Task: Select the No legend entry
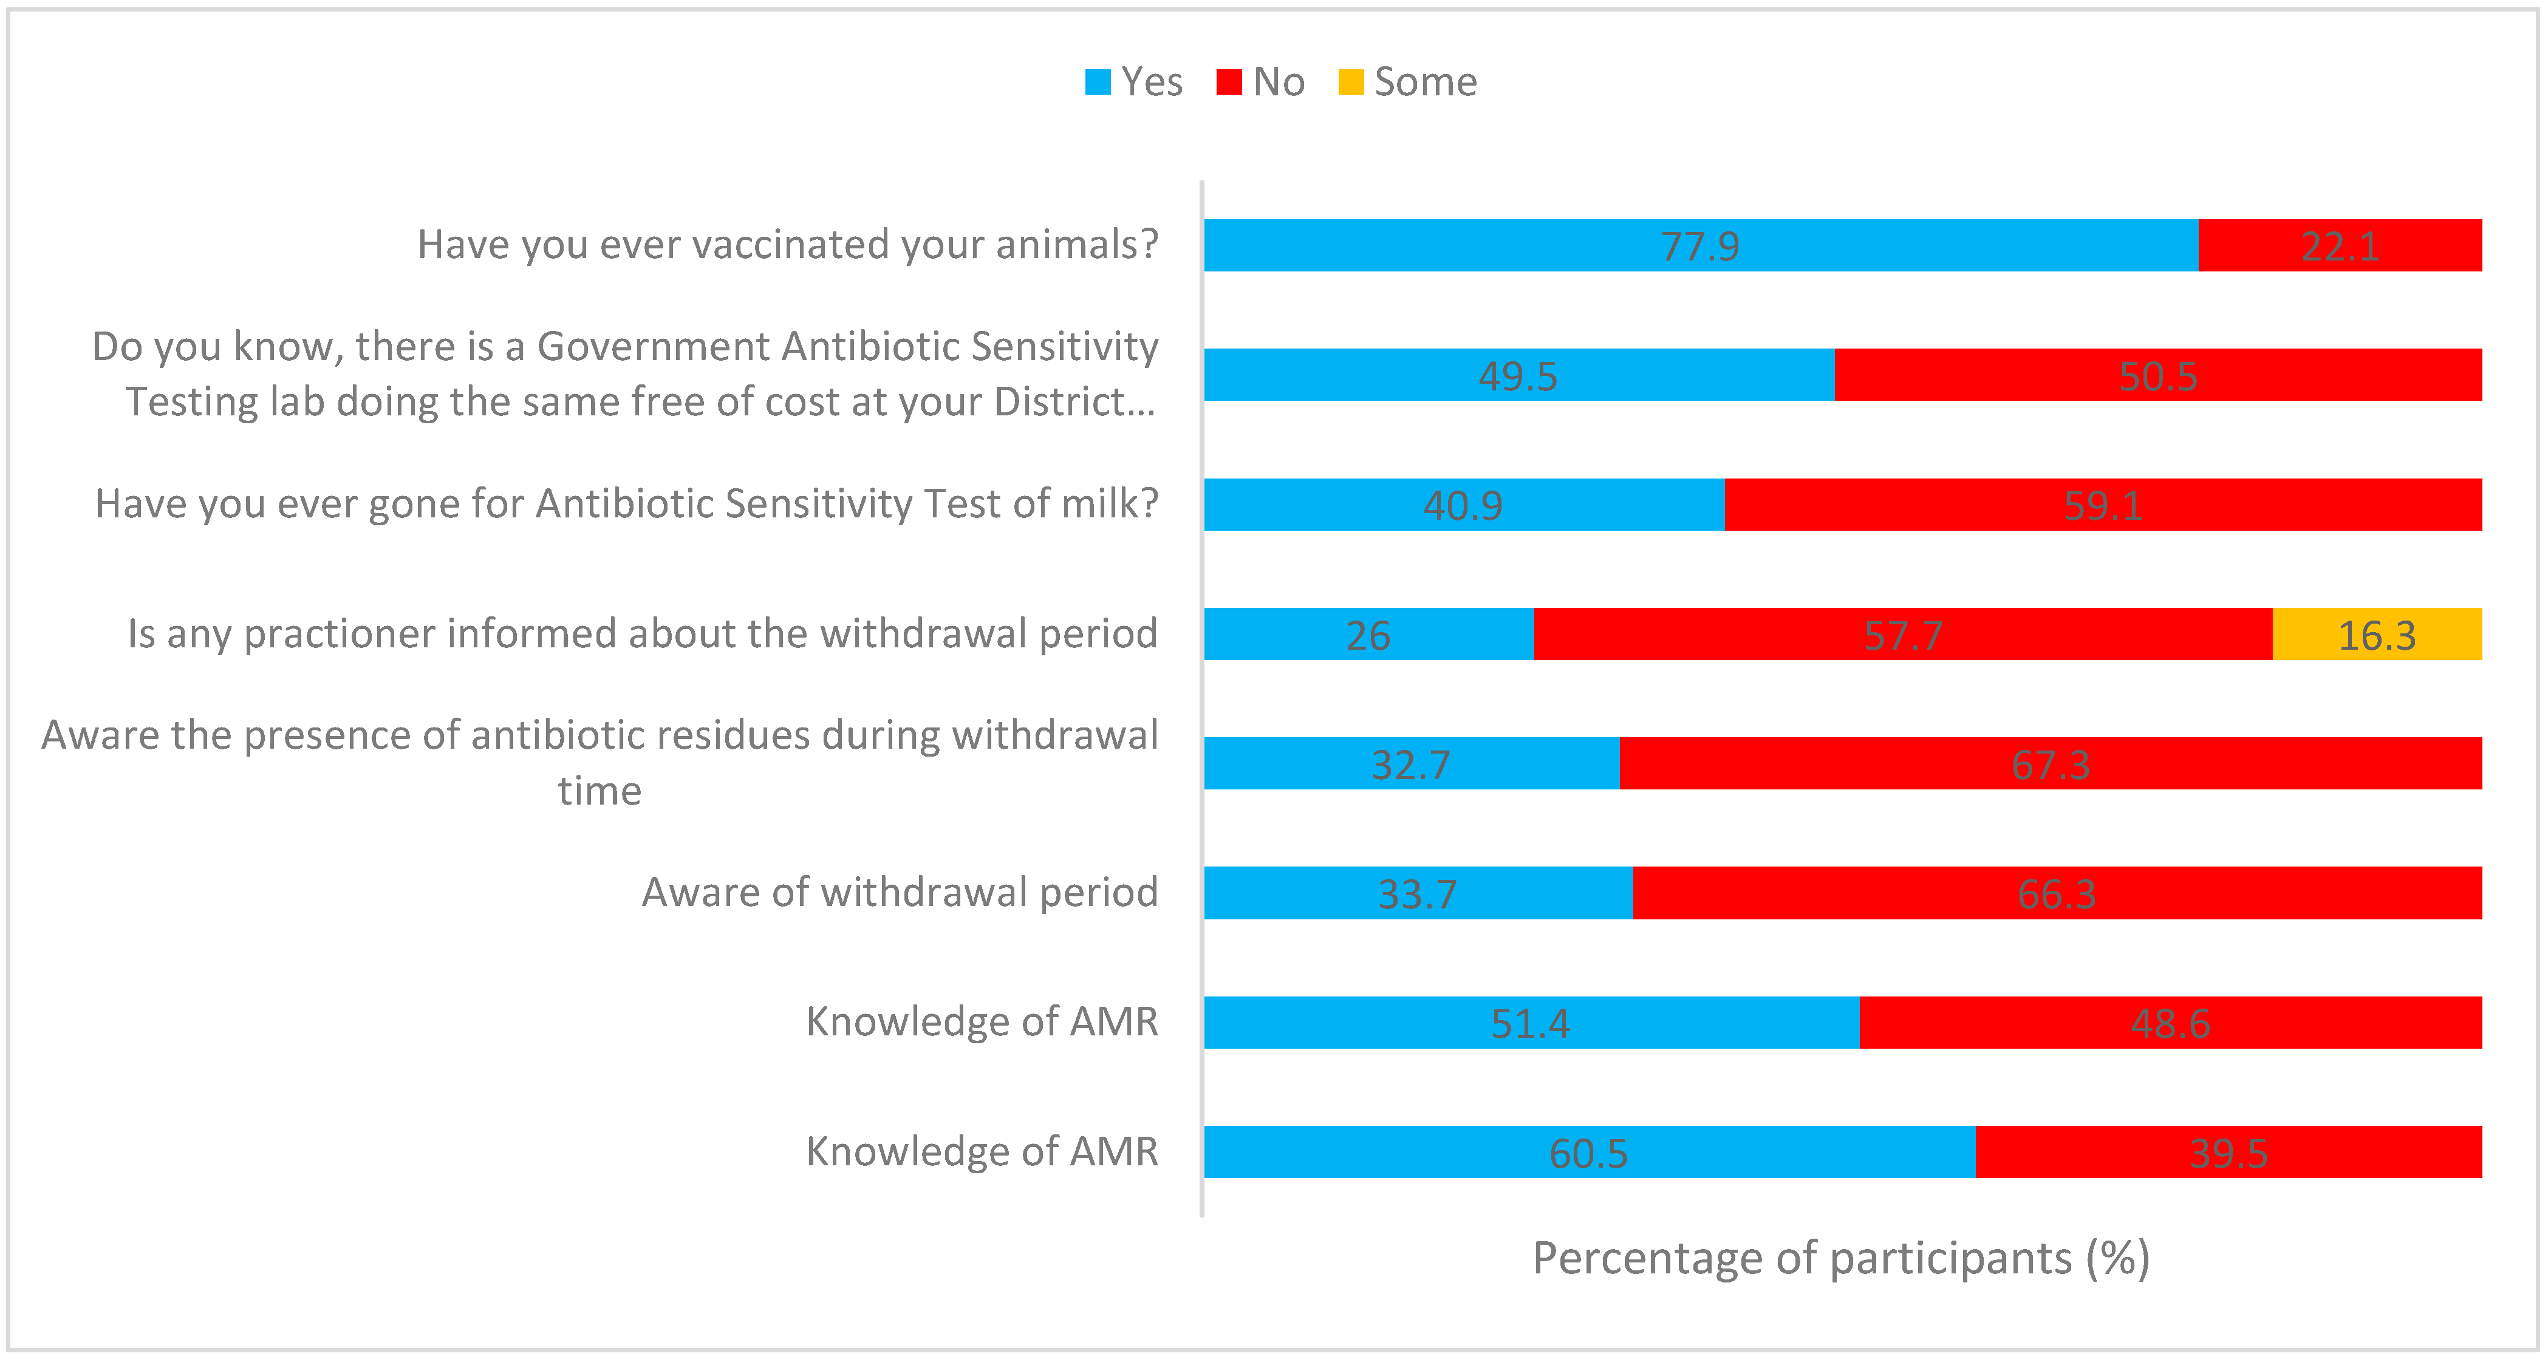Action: (1261, 82)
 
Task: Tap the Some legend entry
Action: (1407, 82)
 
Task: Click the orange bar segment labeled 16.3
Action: (2377, 634)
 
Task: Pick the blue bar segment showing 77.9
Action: (1700, 245)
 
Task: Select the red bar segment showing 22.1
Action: (2340, 245)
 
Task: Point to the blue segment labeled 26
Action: (1368, 634)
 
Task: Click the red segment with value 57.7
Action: (1903, 634)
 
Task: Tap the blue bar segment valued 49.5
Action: (1518, 375)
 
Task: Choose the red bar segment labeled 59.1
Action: (2103, 505)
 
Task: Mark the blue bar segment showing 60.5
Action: (1588, 1153)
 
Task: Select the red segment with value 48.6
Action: (2170, 1023)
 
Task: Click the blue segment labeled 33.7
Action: (1418, 893)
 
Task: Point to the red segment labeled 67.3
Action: (2051, 763)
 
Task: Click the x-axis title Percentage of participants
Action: (1841, 1258)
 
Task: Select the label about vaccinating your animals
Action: (787, 244)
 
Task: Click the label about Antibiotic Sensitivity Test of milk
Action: (626, 503)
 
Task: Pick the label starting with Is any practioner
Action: (642, 633)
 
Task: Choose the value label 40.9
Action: (1463, 505)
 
